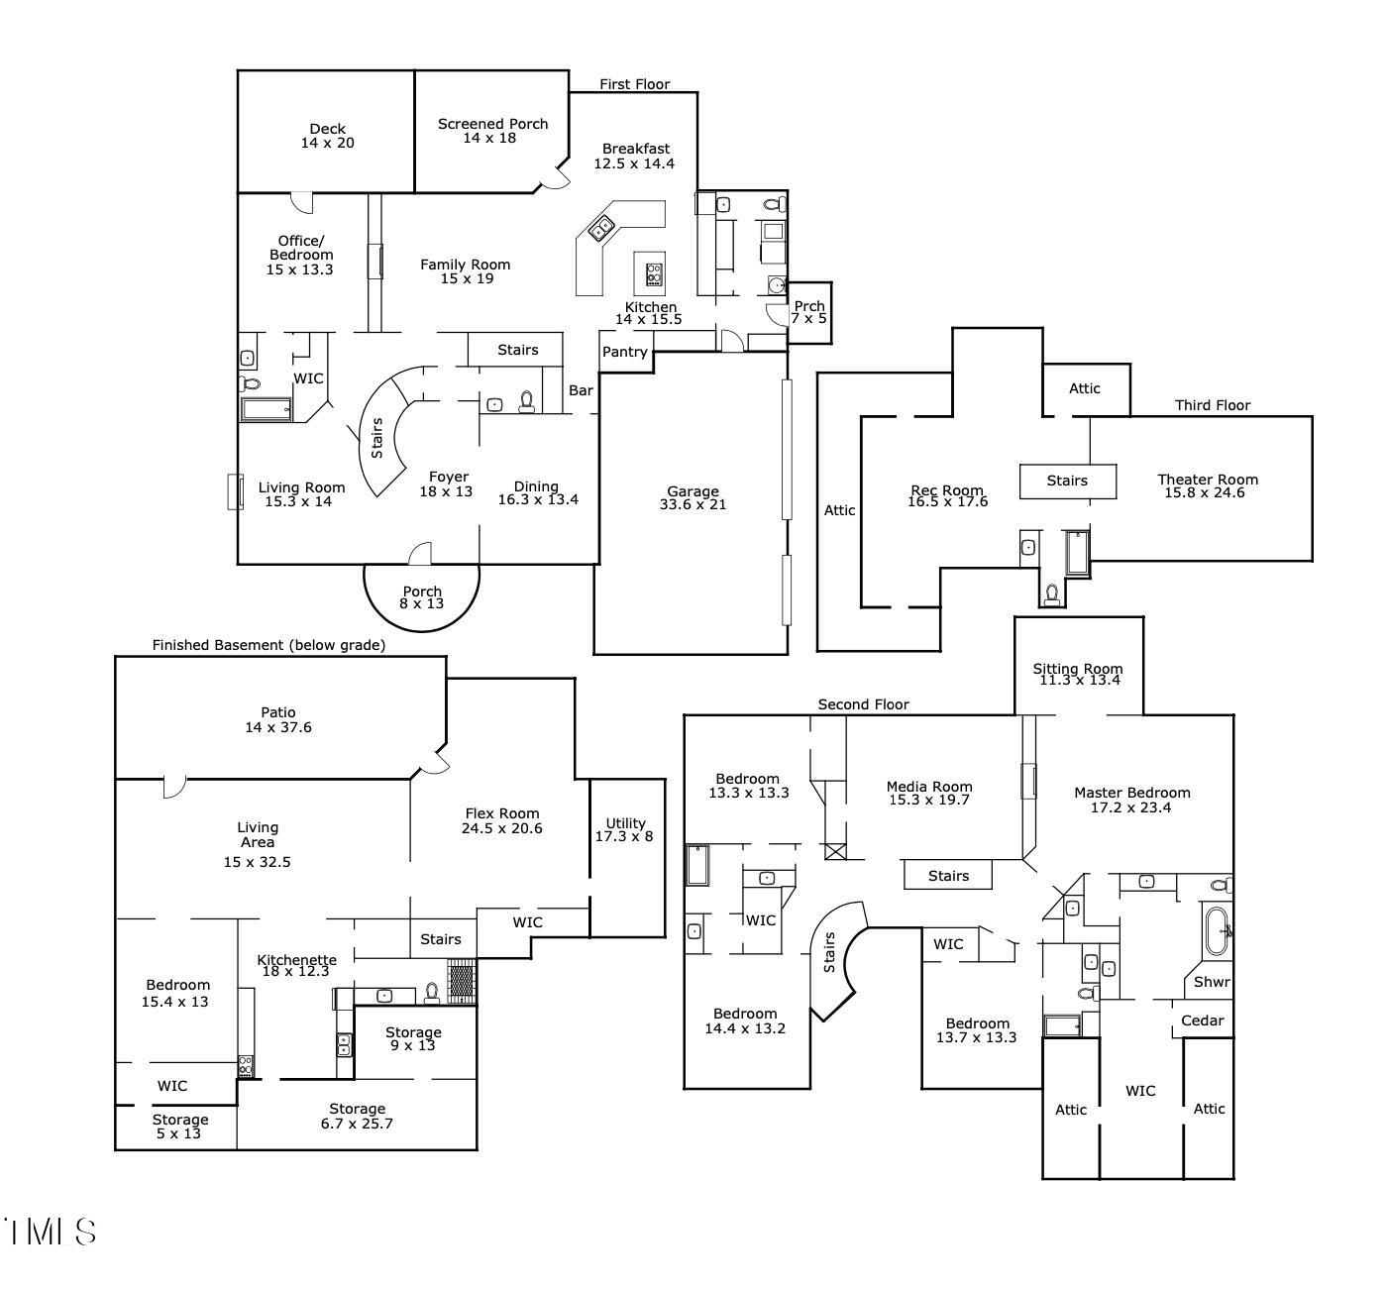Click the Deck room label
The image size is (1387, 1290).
[x=327, y=129]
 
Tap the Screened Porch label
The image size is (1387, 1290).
[x=492, y=124]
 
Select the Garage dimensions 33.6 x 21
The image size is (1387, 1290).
[x=693, y=504]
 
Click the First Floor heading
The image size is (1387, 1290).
[x=634, y=84]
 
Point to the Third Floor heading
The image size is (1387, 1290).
[x=1212, y=405]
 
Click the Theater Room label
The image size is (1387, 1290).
[x=1207, y=480]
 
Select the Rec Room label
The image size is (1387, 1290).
[x=947, y=489]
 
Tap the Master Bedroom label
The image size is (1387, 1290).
[x=1131, y=793]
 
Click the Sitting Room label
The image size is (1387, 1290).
[x=1077, y=668]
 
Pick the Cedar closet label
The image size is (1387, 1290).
[x=1202, y=1021]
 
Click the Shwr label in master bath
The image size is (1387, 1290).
[x=1211, y=982]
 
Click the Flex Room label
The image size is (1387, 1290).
[x=501, y=813]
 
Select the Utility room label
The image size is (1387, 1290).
[x=625, y=822]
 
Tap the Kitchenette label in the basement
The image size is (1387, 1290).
[x=296, y=959]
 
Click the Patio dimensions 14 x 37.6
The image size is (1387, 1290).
[x=278, y=727]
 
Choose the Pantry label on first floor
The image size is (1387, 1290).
[x=624, y=352]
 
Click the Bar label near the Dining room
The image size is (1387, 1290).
[x=581, y=390]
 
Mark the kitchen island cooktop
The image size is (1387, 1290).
[x=654, y=273]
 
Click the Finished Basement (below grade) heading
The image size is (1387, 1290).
[x=267, y=645]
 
